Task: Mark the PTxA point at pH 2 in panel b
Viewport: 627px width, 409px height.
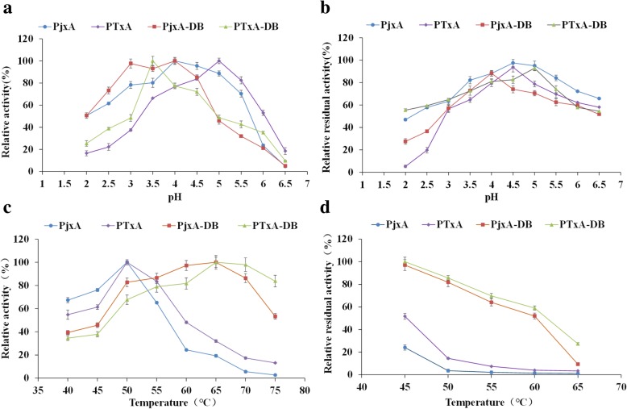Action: (378, 166)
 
